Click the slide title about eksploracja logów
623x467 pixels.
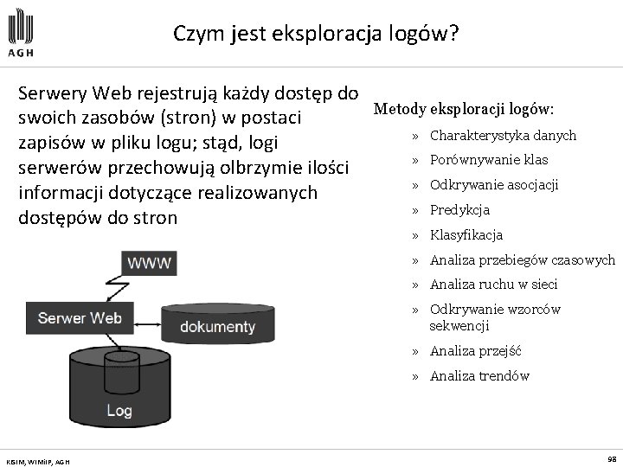click(316, 34)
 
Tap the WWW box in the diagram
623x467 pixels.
click(150, 262)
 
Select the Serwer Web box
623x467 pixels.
click(80, 317)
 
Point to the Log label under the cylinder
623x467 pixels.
click(119, 411)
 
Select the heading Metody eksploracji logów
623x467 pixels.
click(464, 110)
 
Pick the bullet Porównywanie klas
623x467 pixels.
click(489, 160)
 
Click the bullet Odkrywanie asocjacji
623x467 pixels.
click(494, 185)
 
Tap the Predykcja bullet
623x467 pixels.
click(459, 210)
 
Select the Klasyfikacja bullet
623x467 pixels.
click(466, 235)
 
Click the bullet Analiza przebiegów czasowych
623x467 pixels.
click(522, 259)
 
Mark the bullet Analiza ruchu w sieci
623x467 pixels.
click(493, 285)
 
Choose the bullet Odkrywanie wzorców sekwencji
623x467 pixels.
click(495, 317)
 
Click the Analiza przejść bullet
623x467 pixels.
click(475, 351)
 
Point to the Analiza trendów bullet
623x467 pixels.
click(478, 376)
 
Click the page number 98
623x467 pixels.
click(611, 459)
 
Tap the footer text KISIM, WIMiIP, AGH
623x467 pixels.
click(37, 461)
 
